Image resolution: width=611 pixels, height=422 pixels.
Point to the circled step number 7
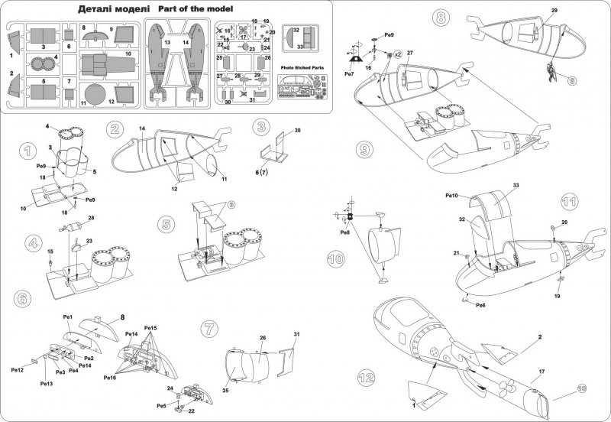[210, 327]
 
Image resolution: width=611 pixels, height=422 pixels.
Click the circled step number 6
[22, 297]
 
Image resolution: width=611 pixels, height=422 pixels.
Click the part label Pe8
[344, 232]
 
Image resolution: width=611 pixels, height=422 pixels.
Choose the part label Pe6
[480, 305]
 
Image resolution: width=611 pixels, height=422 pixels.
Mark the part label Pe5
[161, 405]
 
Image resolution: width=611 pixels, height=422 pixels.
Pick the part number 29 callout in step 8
[554, 9]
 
